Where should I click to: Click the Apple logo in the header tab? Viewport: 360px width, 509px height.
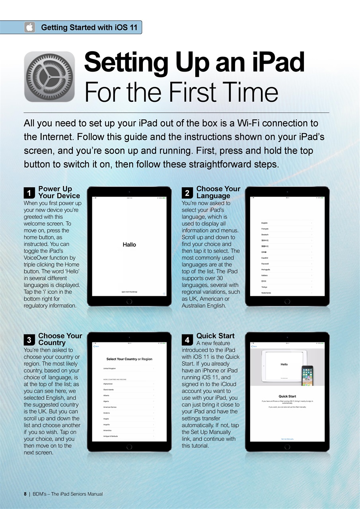pos(29,27)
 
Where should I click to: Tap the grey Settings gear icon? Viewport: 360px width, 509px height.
pos(49,76)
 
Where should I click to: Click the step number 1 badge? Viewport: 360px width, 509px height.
pos(29,193)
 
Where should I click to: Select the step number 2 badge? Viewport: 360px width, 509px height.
pos(187,193)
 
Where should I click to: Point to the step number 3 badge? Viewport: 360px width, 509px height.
pos(29,340)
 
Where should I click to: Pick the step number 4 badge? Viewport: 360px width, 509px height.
pos(187,340)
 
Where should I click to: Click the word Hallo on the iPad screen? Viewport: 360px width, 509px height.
pos(129,245)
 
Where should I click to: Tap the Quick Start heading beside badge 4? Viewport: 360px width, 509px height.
pos(215,336)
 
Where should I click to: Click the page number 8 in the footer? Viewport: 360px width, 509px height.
pos(25,494)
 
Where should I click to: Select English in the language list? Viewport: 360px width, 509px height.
pos(265,223)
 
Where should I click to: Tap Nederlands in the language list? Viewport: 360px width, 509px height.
pos(266,293)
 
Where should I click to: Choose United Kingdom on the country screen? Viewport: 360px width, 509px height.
pos(110,369)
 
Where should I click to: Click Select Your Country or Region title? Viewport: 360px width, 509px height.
pos(129,359)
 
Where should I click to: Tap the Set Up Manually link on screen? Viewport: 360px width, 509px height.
pos(287,439)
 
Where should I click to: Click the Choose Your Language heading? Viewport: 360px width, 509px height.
pos(218,192)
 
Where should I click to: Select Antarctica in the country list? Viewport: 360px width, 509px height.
pos(107,431)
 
